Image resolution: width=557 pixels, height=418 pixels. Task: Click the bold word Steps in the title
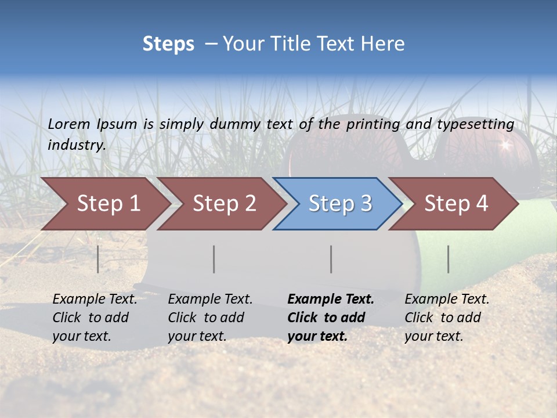(168, 44)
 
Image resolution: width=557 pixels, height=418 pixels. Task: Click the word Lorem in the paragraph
(68, 124)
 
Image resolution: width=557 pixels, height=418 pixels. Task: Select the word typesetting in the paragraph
(475, 124)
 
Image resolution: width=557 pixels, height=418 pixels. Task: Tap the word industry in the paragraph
(76, 145)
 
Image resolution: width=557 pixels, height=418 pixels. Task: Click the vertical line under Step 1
(98, 259)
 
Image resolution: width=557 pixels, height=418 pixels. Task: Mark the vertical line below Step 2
(214, 259)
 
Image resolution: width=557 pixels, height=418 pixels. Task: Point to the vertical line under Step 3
(331, 259)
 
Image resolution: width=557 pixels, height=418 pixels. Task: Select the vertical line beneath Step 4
(449, 259)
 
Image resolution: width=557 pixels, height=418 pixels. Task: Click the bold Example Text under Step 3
(331, 299)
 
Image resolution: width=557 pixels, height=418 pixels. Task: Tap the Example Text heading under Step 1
(95, 299)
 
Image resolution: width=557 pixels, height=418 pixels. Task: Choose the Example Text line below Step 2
(210, 299)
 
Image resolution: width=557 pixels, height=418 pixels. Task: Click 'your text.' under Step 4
(433, 336)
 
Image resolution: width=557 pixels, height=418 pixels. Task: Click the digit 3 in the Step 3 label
(366, 204)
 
